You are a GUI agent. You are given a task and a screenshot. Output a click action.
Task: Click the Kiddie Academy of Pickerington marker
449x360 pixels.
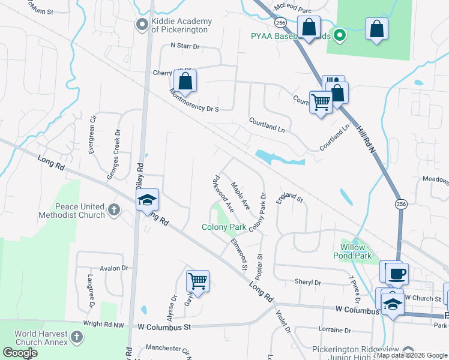tap(142, 25)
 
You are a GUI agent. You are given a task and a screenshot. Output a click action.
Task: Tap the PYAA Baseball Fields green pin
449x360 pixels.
tap(340, 35)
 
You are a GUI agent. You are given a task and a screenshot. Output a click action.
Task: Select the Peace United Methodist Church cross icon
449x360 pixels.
tap(115, 211)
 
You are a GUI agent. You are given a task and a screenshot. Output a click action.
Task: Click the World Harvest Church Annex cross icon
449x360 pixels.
tap(76, 338)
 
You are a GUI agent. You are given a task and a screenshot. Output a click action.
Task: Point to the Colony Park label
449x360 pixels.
tap(224, 227)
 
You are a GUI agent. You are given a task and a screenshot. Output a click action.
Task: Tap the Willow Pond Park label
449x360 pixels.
tap(357, 251)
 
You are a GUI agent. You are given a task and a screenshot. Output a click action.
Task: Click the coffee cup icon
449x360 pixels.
tap(397, 274)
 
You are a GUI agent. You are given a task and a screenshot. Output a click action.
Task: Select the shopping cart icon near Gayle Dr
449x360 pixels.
tap(197, 280)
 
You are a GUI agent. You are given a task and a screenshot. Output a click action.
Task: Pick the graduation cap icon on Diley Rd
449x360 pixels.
tap(146, 200)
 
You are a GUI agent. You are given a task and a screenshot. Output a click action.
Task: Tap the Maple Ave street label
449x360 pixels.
tap(240, 196)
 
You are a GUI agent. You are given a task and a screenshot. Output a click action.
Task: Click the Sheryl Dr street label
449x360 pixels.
tap(307, 282)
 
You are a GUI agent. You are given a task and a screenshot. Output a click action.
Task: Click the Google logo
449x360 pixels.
tap(20, 353)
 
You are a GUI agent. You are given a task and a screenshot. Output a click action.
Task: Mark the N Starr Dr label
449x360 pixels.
tap(188, 45)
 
